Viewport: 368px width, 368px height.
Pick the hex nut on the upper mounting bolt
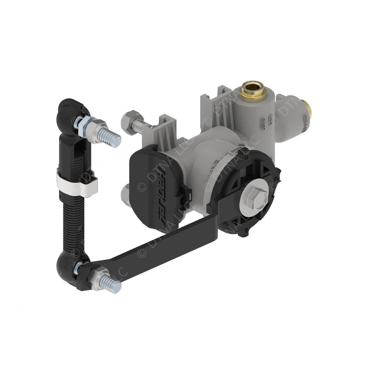(x=127, y=118)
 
